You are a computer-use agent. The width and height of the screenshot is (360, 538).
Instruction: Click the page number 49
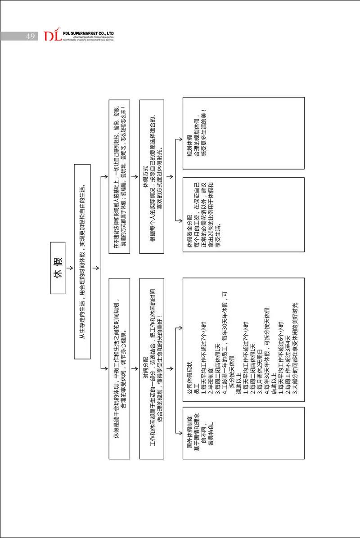click(31, 36)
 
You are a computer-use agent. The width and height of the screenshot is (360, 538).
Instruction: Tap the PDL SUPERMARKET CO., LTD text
click(89, 33)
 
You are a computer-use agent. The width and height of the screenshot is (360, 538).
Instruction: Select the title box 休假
click(58, 269)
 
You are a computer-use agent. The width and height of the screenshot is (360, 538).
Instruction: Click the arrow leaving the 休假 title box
click(70, 269)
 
